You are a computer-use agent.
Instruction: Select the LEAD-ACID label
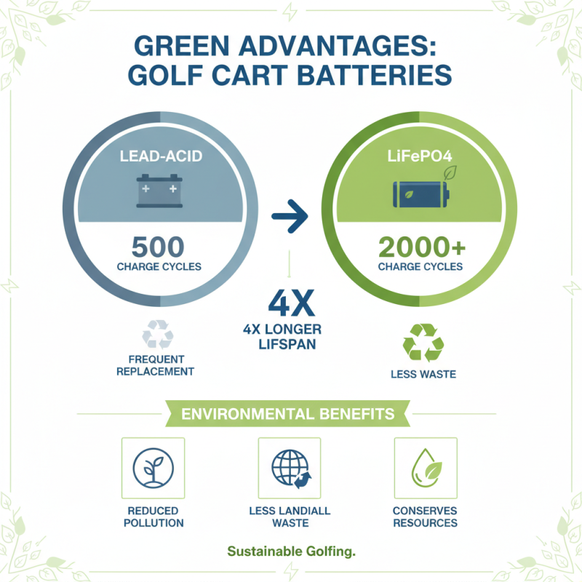click(159, 156)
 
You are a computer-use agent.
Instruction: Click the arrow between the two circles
click(290, 216)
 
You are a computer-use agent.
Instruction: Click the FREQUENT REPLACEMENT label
click(159, 365)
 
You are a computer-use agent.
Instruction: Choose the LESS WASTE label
click(423, 374)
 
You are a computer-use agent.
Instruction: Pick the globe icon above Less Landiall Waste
click(289, 468)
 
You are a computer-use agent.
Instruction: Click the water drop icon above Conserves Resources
click(425, 468)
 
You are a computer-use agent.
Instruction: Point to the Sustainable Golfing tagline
click(291, 551)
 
